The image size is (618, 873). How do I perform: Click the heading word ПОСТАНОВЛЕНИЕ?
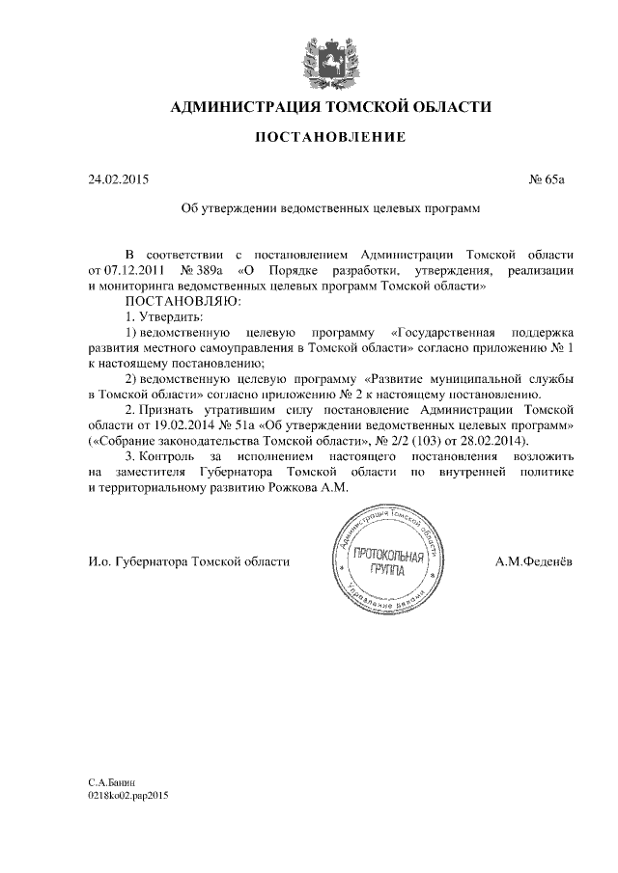point(329,138)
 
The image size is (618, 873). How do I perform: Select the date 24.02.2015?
point(119,179)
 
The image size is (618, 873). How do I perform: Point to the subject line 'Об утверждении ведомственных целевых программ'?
point(331,207)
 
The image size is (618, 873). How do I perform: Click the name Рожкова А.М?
point(312,487)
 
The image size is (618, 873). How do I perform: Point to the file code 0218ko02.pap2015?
point(127,799)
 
